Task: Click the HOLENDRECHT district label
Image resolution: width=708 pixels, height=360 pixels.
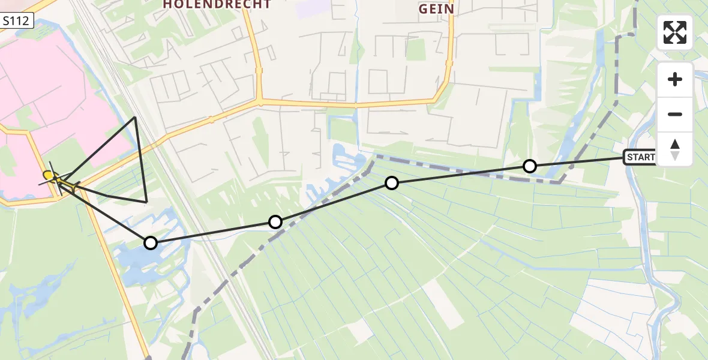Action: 217,4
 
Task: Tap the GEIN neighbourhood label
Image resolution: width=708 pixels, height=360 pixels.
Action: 436,9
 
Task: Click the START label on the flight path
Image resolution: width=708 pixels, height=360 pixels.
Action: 640,158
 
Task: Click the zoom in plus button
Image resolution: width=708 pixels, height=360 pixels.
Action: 675,80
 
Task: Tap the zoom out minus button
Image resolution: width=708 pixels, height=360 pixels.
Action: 675,115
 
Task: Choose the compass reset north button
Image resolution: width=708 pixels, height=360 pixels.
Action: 675,149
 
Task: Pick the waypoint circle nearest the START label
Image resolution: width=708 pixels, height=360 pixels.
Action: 529,166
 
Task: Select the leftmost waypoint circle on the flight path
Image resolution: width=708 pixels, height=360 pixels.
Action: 151,243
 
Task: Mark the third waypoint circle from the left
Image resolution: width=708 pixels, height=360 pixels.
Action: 392,183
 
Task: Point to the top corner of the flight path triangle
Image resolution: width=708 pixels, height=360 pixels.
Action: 135,117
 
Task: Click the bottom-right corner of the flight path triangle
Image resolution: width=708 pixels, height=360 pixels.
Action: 146,202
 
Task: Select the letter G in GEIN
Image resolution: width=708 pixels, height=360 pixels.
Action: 423,9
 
